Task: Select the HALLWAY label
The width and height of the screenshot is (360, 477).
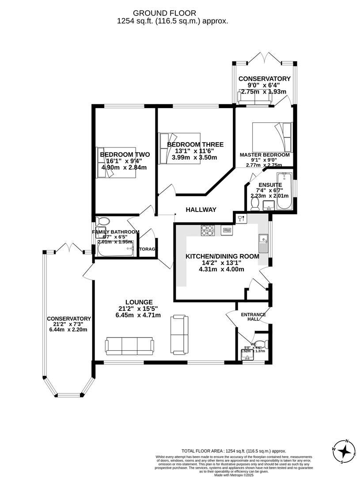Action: pos(201,210)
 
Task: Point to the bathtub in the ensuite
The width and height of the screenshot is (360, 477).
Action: pos(284,191)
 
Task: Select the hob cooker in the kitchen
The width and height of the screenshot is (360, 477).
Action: pos(208,230)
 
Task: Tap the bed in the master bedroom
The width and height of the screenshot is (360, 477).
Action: pos(272,136)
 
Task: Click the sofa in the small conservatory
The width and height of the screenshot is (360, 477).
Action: pos(255,98)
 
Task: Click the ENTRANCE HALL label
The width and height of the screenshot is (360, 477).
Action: pos(253,317)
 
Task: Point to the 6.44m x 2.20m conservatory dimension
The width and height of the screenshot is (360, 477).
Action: pos(68,329)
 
